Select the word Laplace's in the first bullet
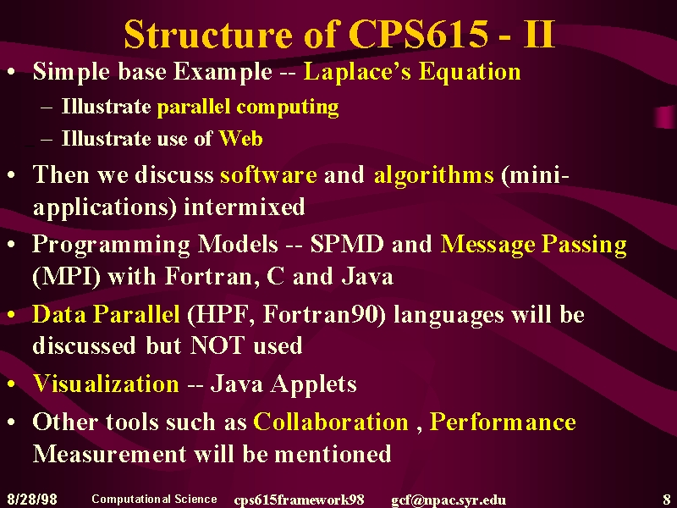[357, 71]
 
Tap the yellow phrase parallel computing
[248, 108]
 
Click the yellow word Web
[241, 139]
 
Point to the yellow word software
[268, 175]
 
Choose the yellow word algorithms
[433, 176]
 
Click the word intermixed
[245, 207]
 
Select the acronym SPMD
[347, 244]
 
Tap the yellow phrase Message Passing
[534, 245]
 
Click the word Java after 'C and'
[367, 277]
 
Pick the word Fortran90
[323, 314]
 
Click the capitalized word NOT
[217, 345]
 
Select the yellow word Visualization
[106, 384]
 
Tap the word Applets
[313, 384]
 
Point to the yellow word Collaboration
[331, 422]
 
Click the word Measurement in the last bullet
[110, 454]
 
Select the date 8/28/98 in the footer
[32, 500]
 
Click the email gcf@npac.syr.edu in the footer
[449, 500]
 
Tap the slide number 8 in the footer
[667, 500]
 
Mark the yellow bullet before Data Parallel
[12, 314]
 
